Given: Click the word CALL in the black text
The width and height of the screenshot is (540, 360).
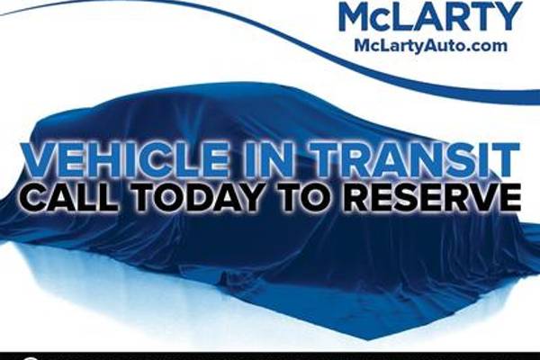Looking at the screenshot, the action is [x=70, y=197].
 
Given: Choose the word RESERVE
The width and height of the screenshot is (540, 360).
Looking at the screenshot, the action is [x=429, y=197].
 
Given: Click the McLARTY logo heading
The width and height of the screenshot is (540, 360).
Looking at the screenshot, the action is [x=430, y=16].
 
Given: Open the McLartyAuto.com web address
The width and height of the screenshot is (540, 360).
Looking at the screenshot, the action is [x=430, y=45].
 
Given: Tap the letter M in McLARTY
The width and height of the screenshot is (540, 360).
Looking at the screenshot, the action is [x=355, y=17].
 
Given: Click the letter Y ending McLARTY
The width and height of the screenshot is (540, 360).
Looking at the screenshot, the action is [x=509, y=17].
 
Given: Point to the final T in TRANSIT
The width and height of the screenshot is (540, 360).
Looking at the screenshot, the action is [x=505, y=159].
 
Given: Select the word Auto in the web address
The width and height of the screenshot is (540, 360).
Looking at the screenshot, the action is [x=443, y=45].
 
